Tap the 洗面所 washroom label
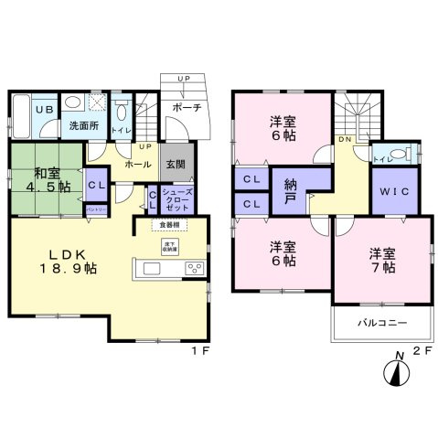(x=82, y=126)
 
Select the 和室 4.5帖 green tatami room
(x=47, y=178)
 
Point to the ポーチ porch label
(x=186, y=109)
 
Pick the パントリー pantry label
(x=95, y=209)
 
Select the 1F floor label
(x=196, y=350)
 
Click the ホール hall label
(x=137, y=166)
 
